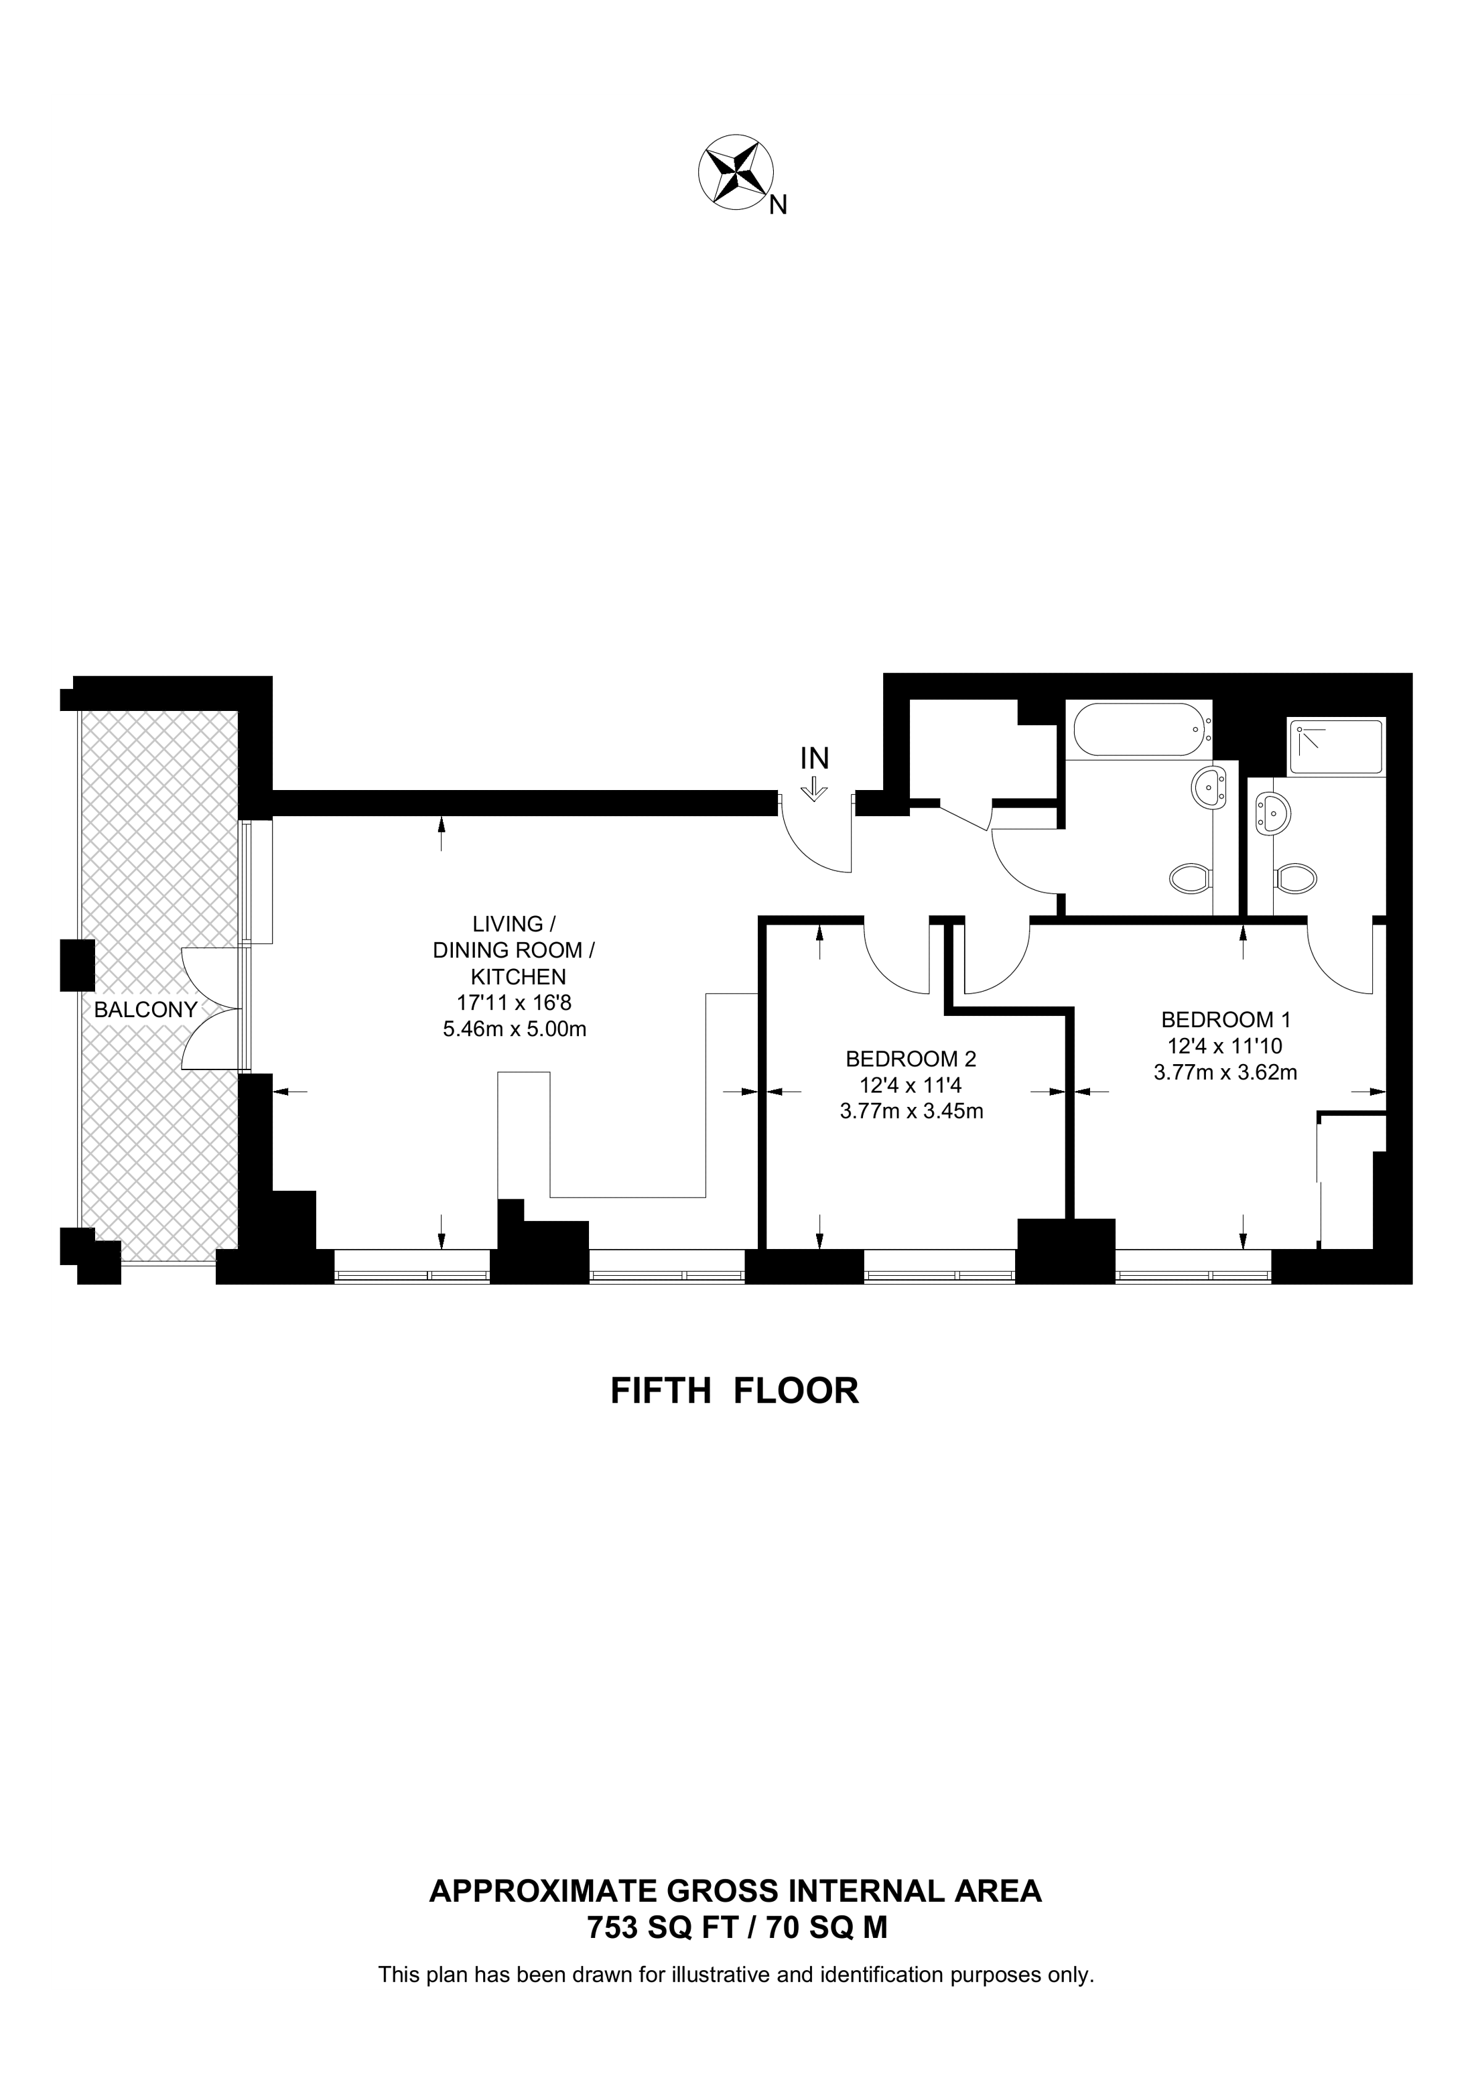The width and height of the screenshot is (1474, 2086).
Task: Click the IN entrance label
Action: tap(814, 758)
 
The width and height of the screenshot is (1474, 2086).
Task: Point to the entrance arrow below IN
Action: tap(815, 789)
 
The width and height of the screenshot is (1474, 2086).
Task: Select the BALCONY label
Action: tap(145, 1009)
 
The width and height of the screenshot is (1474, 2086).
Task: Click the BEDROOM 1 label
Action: tap(1225, 1019)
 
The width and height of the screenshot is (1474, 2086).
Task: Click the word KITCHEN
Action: tap(518, 977)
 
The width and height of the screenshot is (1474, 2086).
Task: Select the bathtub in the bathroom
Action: tap(1140, 730)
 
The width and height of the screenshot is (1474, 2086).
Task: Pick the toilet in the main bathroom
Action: tap(1191, 878)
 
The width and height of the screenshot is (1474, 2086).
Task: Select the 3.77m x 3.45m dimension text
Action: tap(911, 1110)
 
